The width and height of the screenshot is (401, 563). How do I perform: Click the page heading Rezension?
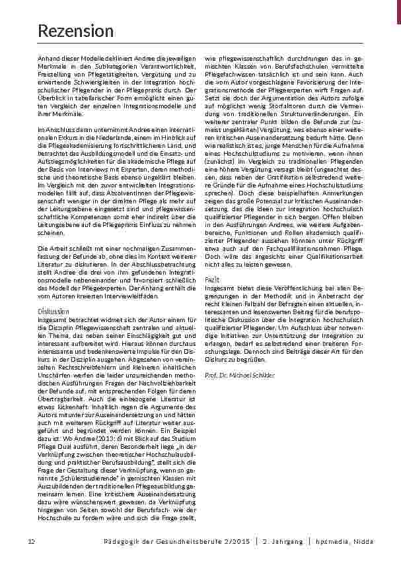pyautogui.click(x=75, y=30)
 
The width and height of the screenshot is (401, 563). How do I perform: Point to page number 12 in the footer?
pyautogui.click(x=31, y=542)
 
